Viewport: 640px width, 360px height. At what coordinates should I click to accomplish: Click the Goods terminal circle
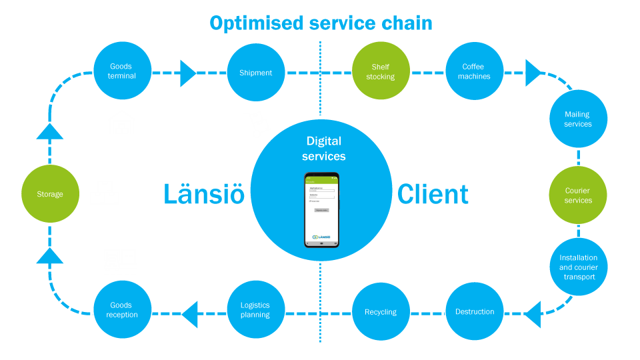coord(122,71)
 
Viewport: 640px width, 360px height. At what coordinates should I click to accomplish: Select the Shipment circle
coord(256,72)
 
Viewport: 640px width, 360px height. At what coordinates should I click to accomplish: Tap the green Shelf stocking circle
coord(380,71)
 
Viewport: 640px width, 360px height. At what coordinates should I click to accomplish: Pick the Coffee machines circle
coord(474,71)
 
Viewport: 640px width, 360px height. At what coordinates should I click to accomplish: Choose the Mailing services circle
coord(578,119)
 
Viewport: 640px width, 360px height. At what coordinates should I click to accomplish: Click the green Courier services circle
coord(578,195)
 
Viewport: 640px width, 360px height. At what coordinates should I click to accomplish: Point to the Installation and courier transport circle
coord(578,267)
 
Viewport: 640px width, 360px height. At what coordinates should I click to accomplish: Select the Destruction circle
coord(474,311)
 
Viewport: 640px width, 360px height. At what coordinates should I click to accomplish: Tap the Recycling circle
coord(380,311)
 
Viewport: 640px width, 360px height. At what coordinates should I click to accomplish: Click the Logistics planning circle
coord(256,310)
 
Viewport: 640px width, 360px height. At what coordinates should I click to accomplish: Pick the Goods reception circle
coord(122,310)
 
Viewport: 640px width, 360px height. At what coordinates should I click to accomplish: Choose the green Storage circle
coord(50,194)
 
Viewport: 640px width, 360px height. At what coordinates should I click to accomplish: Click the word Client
coord(433,195)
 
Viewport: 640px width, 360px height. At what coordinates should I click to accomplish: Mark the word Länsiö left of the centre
coord(204,195)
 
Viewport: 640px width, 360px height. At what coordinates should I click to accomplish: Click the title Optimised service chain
coord(321,23)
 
